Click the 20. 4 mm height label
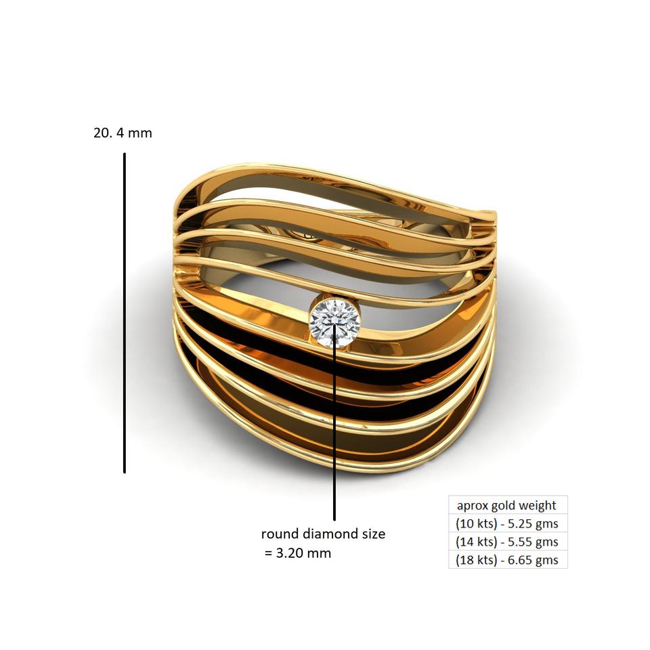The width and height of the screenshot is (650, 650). coord(123,133)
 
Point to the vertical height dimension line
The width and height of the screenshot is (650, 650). coord(125,311)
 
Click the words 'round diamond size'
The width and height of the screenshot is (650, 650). coord(323,534)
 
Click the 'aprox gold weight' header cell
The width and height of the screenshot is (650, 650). coord(506,505)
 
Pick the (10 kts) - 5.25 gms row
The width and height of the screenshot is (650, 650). coord(506,523)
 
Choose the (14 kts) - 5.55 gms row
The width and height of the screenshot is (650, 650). coord(506,542)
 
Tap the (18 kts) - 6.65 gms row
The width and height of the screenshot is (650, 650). coord(506,560)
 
